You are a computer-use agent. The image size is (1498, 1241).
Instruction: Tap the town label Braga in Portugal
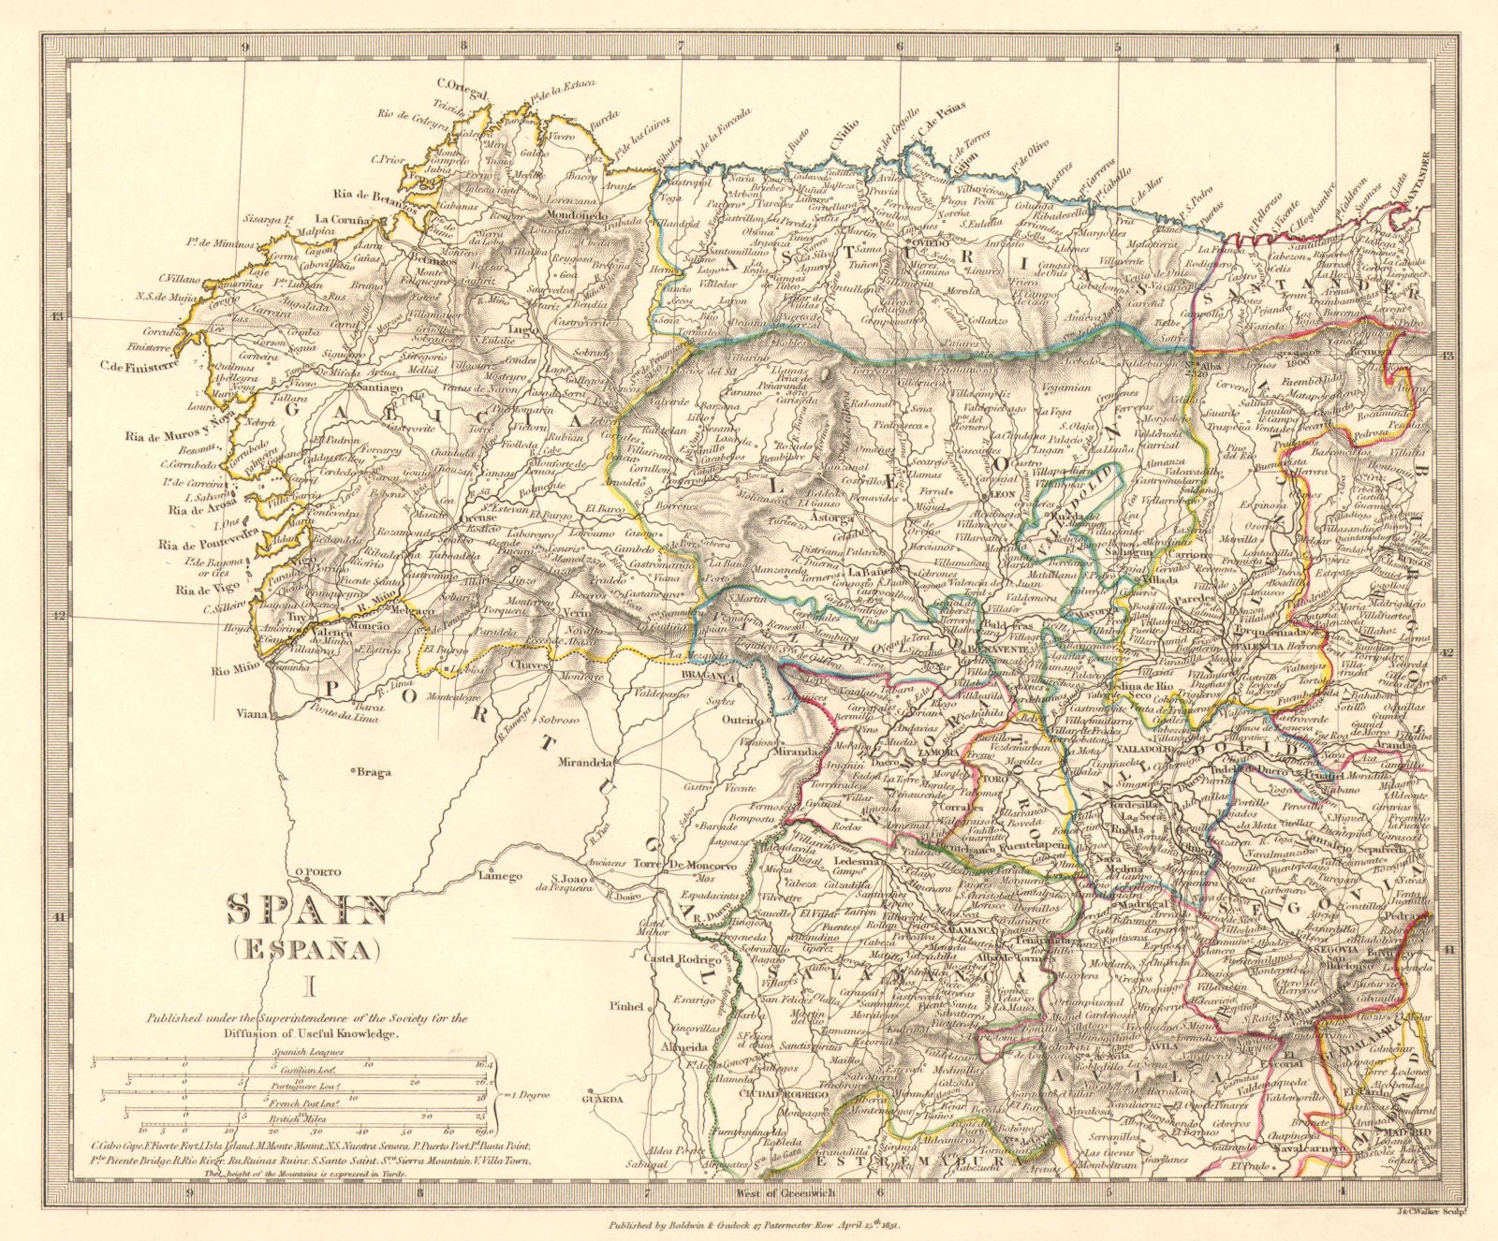372,773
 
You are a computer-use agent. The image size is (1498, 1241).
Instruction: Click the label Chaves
530,666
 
